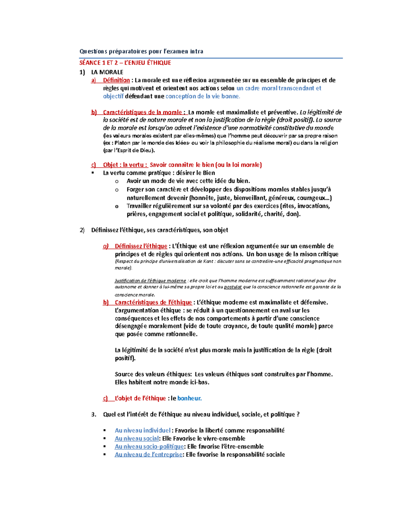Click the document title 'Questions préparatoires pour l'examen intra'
[141, 51]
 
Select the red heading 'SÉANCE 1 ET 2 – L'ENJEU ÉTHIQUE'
[125, 63]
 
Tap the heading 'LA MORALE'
[107, 72]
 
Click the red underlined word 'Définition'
[116, 80]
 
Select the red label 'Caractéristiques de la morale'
[142, 112]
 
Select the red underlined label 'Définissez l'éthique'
[141, 246]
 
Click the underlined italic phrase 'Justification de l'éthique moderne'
[150, 281]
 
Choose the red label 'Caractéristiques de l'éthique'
[153, 302]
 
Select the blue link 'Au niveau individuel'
[142, 430]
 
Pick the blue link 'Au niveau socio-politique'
[149, 446]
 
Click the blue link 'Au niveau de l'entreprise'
[148, 454]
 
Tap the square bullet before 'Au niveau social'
[105, 438]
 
